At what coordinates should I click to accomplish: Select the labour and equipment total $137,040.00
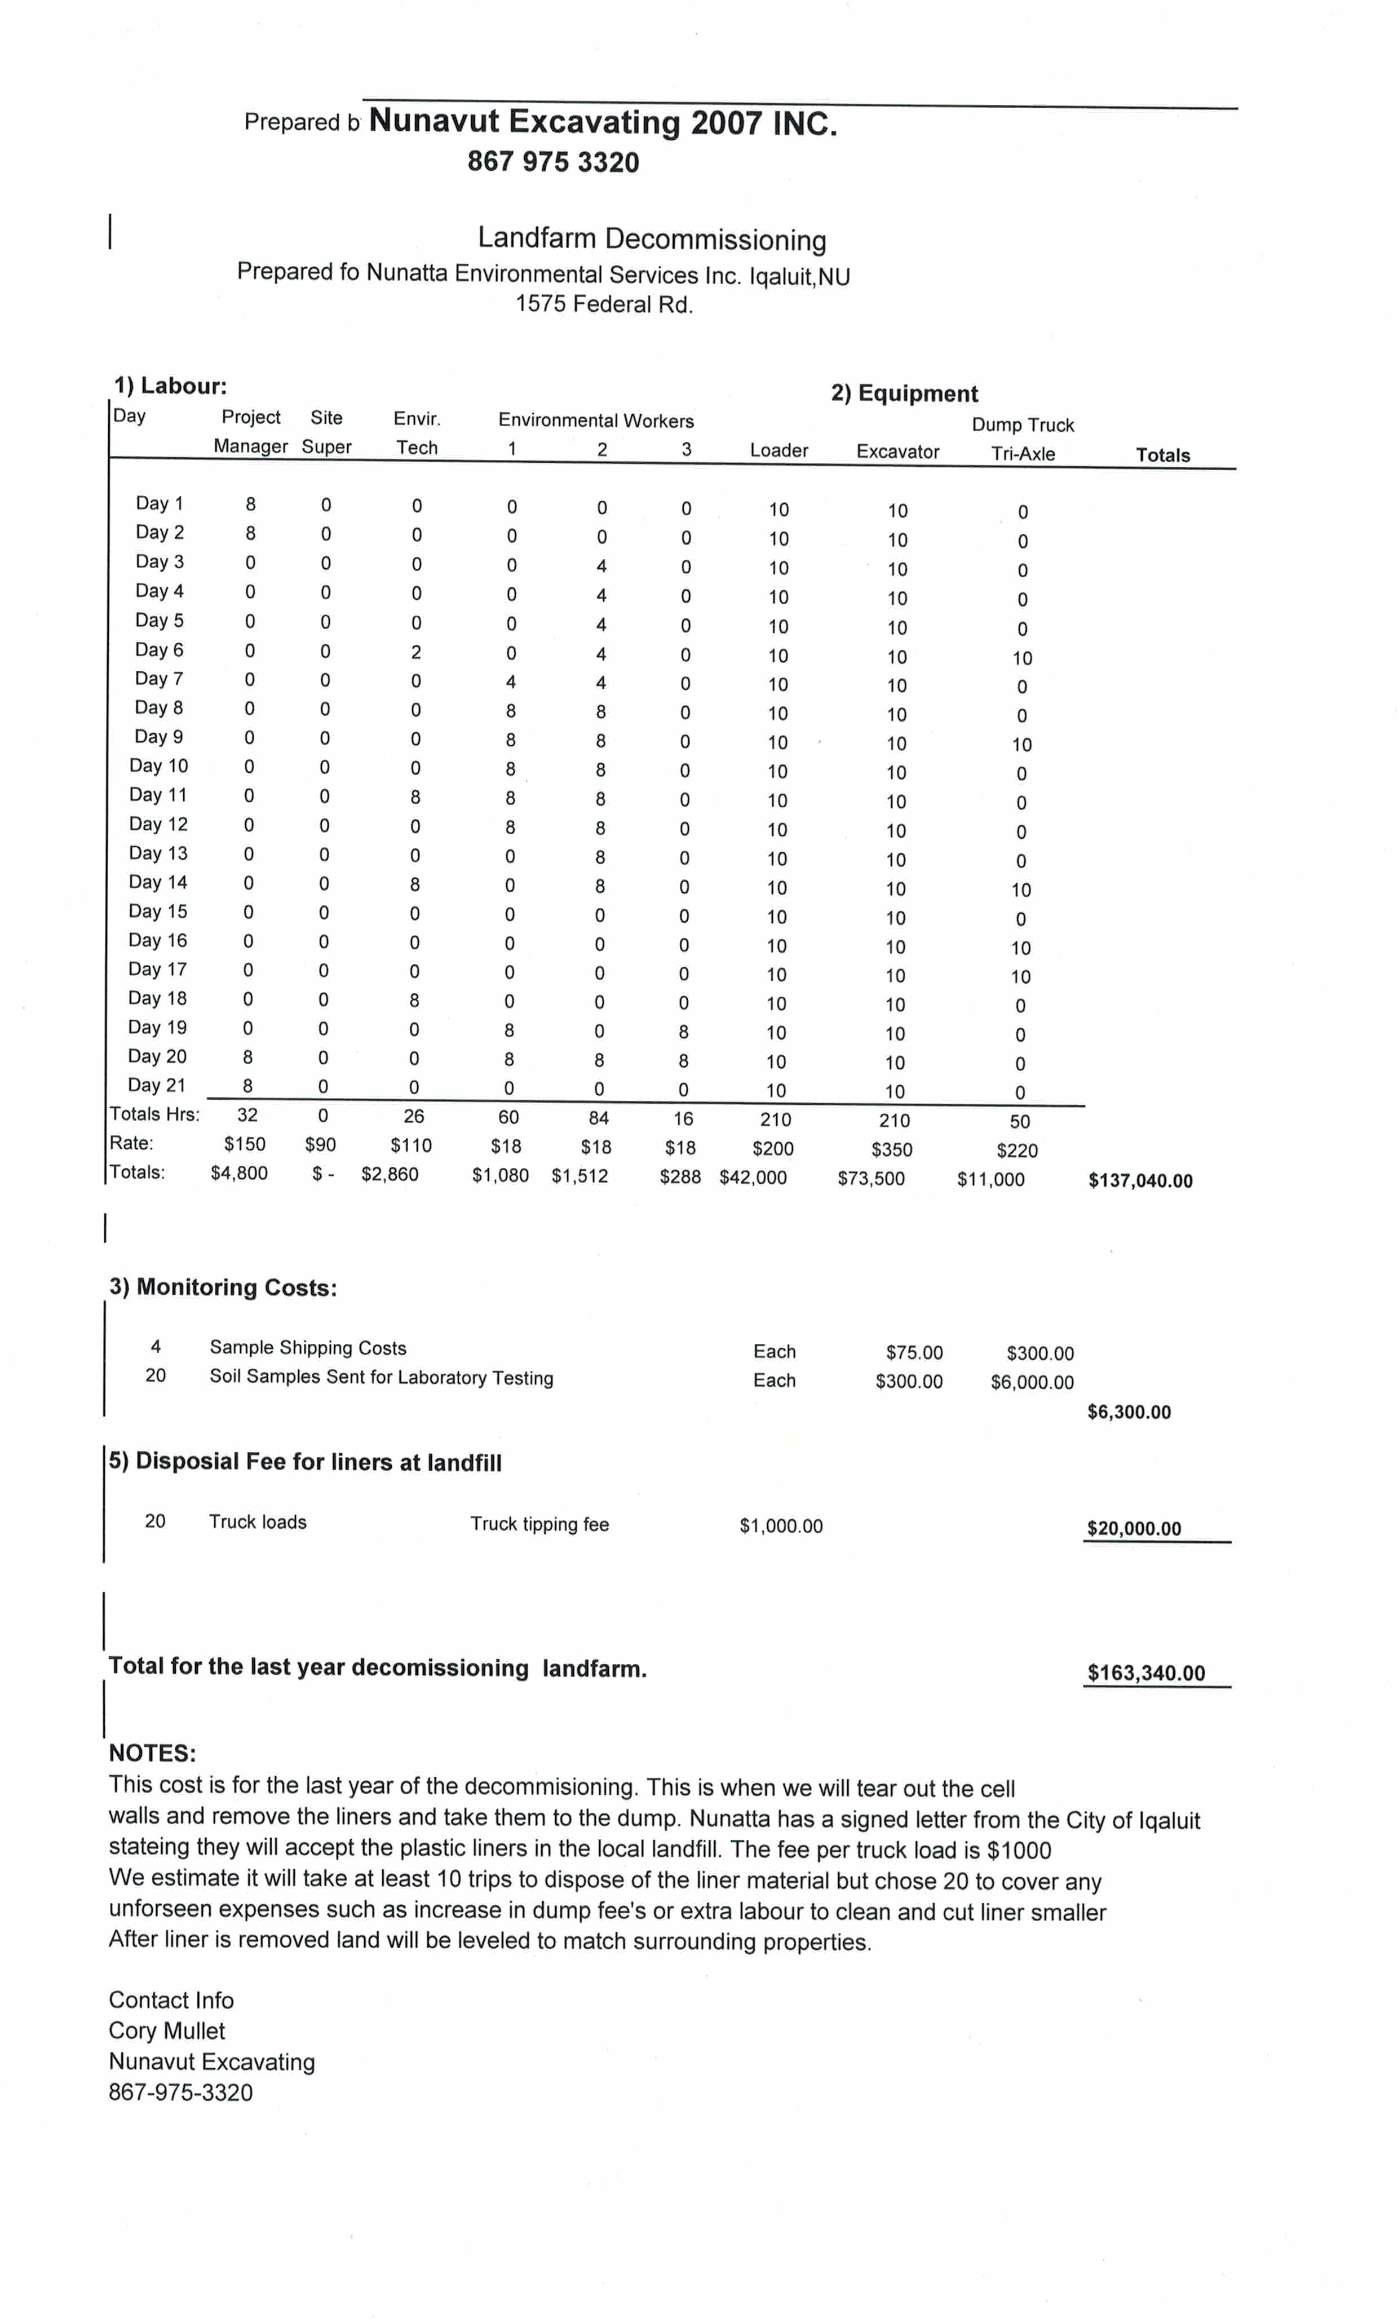pyautogui.click(x=1140, y=1180)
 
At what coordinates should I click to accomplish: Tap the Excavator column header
pyautogui.click(x=897, y=451)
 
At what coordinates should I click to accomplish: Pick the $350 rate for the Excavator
pyautogui.click(x=891, y=1149)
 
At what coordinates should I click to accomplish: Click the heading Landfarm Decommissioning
pyautogui.click(x=652, y=238)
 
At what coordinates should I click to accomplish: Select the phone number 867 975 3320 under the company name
pyautogui.click(x=553, y=162)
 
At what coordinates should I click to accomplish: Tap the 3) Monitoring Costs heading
pyautogui.click(x=223, y=1287)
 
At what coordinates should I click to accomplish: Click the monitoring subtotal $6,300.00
pyautogui.click(x=1129, y=1411)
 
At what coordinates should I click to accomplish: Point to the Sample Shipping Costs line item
pyautogui.click(x=307, y=1347)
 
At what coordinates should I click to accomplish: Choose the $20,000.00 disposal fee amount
pyautogui.click(x=1133, y=1528)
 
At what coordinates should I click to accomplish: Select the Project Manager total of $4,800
pyautogui.click(x=239, y=1173)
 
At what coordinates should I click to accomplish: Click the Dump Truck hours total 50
pyautogui.click(x=1019, y=1121)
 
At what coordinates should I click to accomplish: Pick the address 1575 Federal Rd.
pyautogui.click(x=604, y=304)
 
